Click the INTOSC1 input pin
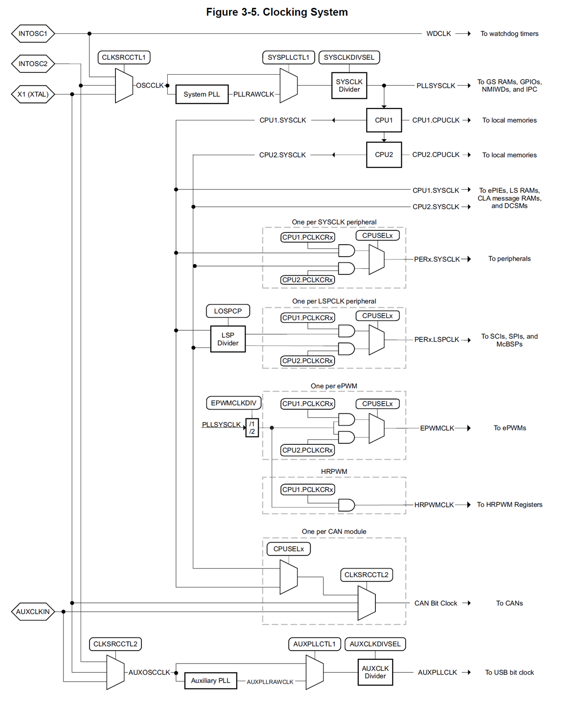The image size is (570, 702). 33,34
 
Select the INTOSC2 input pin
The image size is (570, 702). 33,64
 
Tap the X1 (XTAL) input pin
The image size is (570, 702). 33,95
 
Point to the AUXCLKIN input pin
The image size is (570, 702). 33,612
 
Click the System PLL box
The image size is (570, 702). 202,95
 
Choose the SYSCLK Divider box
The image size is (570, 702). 349,86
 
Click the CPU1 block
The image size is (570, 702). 384,120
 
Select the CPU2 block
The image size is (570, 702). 384,155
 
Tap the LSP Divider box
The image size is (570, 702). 228,339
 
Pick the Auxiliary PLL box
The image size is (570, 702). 210,681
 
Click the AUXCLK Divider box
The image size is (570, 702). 375,672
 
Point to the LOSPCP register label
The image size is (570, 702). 228,311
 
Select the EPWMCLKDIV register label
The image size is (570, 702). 234,403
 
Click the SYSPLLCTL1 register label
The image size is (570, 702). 288,57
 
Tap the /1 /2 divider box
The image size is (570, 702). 252,428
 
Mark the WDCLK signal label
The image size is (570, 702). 438,34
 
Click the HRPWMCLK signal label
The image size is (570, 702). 434,505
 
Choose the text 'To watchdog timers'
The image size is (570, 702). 509,34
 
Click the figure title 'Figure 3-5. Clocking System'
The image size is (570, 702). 277,12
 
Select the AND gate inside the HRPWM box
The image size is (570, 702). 346,505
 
